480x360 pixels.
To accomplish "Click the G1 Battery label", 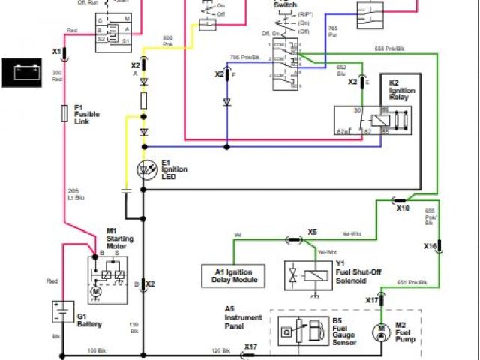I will [88, 320].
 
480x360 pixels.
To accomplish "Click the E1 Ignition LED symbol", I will [145, 170].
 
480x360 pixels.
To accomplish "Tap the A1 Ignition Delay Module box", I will [233, 275].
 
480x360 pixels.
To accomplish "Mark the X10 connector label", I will [403, 208].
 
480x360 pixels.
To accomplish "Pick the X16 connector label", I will [430, 246].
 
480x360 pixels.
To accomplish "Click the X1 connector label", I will [56, 51].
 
